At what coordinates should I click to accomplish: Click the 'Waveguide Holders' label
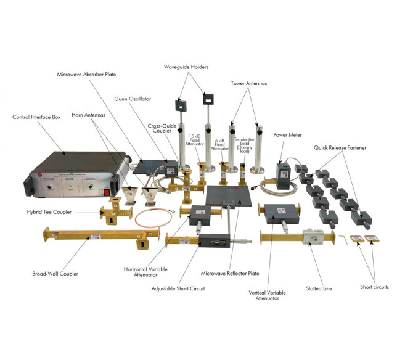tap(190, 67)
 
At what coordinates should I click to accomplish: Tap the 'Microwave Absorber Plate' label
tap(86, 75)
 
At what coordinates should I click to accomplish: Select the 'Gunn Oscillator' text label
tap(133, 98)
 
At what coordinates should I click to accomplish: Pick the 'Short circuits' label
tap(374, 287)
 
